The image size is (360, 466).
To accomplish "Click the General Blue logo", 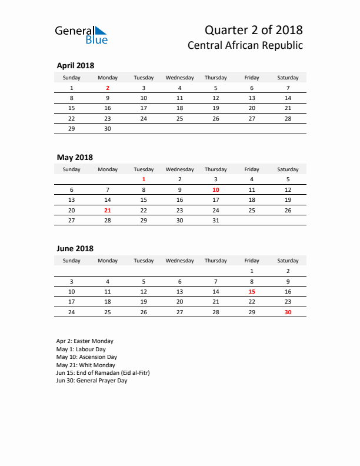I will (x=81, y=35).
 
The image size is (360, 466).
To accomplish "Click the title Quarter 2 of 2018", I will (x=254, y=30).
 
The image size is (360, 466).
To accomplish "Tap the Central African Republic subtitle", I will (x=245, y=45).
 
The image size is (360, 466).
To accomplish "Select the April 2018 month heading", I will (x=75, y=66).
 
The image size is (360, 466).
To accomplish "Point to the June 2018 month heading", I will (x=75, y=249).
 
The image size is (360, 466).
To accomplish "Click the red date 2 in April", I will (x=108, y=88).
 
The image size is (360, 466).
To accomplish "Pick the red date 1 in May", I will (x=144, y=179).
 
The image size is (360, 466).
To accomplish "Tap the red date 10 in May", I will (x=216, y=190).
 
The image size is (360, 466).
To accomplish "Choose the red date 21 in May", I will (x=108, y=210).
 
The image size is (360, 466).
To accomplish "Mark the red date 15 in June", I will (x=252, y=291).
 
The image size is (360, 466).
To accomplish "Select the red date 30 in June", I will (x=288, y=312).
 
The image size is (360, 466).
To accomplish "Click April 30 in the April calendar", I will (x=108, y=128).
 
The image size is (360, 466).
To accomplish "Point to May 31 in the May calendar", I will (x=216, y=220).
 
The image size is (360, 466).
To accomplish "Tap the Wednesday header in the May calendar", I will (x=179, y=169).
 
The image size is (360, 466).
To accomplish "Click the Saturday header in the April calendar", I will (x=288, y=78).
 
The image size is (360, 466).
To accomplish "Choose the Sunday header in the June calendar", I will (x=72, y=261).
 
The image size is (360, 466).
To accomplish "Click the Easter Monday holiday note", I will (x=85, y=341).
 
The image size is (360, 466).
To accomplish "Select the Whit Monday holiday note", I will (x=85, y=365).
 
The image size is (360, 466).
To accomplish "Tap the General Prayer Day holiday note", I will (x=92, y=381).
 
